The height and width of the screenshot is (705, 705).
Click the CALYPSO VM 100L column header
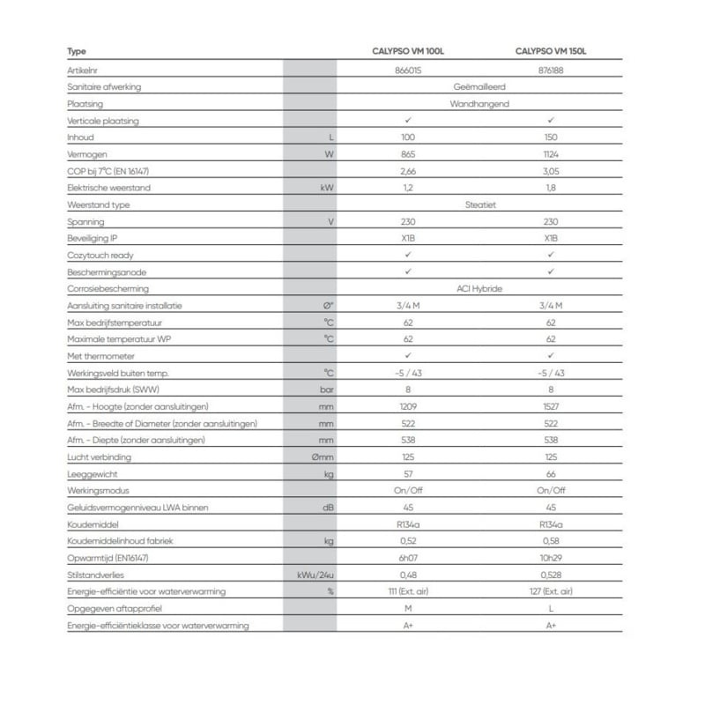pyautogui.click(x=408, y=52)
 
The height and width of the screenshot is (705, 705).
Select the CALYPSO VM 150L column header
pyautogui.click(x=551, y=52)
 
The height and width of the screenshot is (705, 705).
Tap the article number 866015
pyautogui.click(x=408, y=70)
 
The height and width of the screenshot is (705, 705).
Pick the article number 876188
pyautogui.click(x=551, y=70)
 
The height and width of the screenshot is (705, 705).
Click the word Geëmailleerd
pyautogui.click(x=479, y=87)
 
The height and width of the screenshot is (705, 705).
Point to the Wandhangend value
pyautogui.click(x=479, y=104)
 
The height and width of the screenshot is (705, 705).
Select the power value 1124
pyautogui.click(x=551, y=154)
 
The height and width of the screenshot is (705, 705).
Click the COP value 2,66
pyautogui.click(x=408, y=171)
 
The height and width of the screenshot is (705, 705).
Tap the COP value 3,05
pyautogui.click(x=551, y=171)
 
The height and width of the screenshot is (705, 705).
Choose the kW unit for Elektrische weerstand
pyautogui.click(x=328, y=188)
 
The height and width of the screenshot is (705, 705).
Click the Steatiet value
pyautogui.click(x=479, y=204)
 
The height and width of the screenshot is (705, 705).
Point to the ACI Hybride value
pyautogui.click(x=479, y=288)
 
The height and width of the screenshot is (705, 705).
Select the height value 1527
pyautogui.click(x=551, y=406)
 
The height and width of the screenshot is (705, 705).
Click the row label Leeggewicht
pyautogui.click(x=91, y=473)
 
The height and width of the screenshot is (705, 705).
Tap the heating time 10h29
pyautogui.click(x=551, y=558)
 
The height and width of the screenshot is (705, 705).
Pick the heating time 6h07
pyautogui.click(x=408, y=558)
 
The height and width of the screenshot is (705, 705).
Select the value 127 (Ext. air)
pyautogui.click(x=551, y=591)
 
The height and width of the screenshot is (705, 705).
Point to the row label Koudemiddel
pyautogui.click(x=93, y=524)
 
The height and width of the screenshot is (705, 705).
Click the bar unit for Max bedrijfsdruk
pyautogui.click(x=327, y=390)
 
